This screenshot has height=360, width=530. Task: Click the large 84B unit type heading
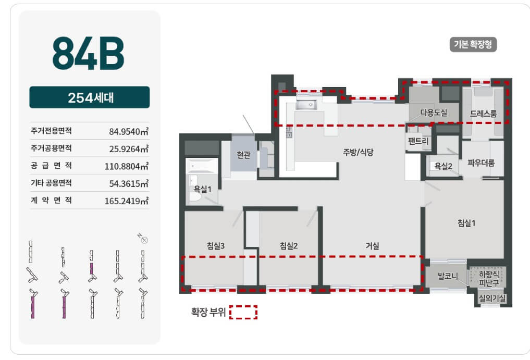click(x=88, y=54)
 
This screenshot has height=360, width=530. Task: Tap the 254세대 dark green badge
click(x=90, y=97)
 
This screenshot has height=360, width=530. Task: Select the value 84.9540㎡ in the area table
click(x=128, y=131)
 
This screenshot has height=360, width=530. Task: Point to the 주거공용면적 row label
click(x=51, y=148)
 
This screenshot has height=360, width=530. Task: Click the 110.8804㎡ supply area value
click(x=127, y=166)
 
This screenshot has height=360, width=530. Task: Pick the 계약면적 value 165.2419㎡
click(x=127, y=201)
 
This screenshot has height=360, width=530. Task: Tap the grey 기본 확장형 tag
click(x=473, y=44)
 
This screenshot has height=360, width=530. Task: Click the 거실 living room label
click(x=372, y=246)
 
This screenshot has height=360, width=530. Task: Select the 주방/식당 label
click(x=358, y=152)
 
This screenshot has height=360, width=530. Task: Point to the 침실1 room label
click(x=466, y=223)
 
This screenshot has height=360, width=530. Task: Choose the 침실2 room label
click(x=289, y=246)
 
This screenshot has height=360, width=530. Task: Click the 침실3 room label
click(x=216, y=246)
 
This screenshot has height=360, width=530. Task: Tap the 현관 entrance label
click(x=243, y=155)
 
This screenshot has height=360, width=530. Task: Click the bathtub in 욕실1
click(x=202, y=166)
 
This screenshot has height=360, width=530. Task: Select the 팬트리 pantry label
click(x=418, y=141)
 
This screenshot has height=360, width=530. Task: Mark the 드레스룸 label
click(x=483, y=114)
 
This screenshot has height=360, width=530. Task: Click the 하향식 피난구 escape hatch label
click(x=489, y=278)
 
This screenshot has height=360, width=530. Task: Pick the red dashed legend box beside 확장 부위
click(x=243, y=312)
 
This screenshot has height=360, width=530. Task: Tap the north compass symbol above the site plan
click(x=143, y=239)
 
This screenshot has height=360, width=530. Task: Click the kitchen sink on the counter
click(x=306, y=105)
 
